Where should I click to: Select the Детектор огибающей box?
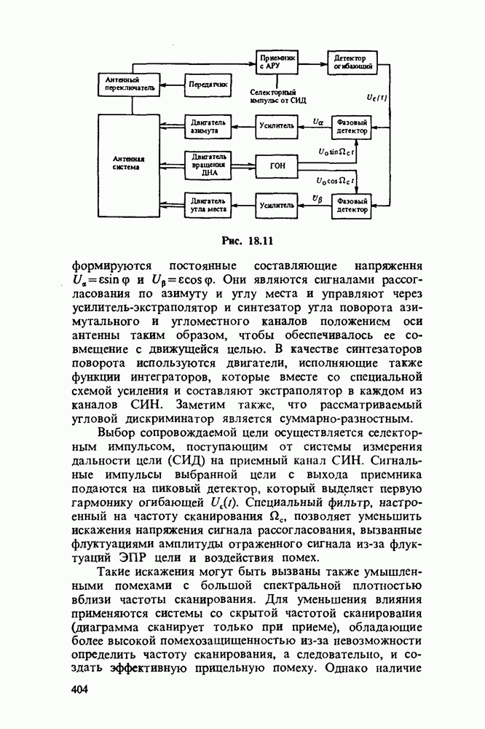click(x=352, y=62)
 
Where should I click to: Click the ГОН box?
click(x=277, y=165)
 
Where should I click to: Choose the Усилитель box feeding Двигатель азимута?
click(x=277, y=126)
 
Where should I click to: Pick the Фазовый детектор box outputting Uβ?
click(x=352, y=205)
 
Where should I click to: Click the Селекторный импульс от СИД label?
click(x=277, y=97)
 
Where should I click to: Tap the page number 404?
click(x=79, y=690)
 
